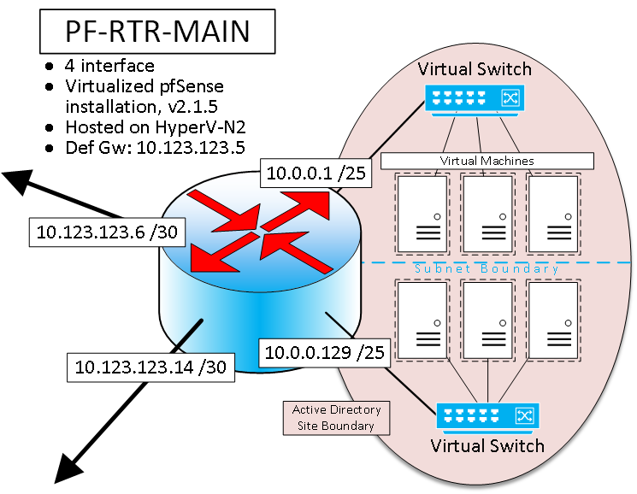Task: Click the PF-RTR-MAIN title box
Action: click(157, 32)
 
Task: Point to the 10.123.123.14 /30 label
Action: click(150, 367)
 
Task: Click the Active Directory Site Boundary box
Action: click(336, 417)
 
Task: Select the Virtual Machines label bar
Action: click(487, 161)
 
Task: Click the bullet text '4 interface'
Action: click(109, 66)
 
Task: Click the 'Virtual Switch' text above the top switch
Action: click(475, 69)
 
